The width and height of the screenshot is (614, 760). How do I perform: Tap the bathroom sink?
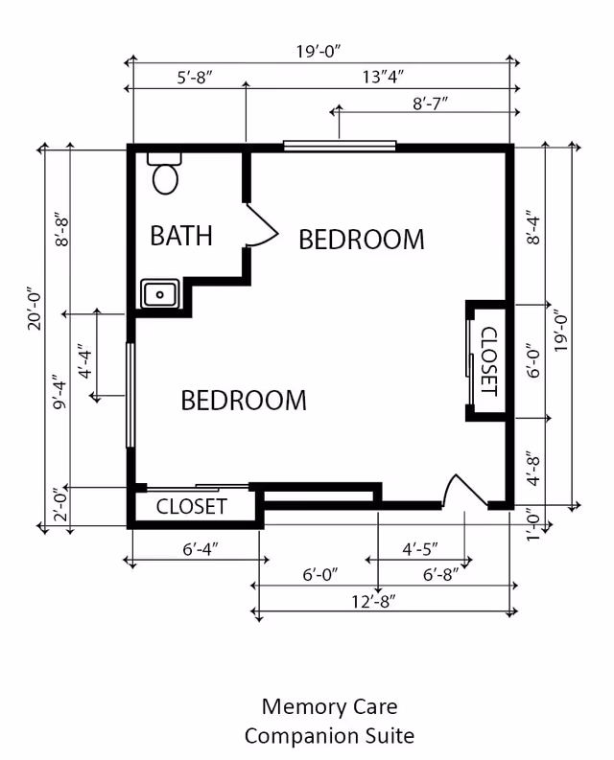coord(160,293)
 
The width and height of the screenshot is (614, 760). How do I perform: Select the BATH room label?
coord(181,236)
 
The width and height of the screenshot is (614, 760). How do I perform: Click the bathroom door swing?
coord(262,228)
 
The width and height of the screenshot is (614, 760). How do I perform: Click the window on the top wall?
coord(340,147)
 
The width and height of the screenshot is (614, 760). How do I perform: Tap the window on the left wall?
coord(130,395)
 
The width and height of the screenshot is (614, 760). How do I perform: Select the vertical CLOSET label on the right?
coord(487,361)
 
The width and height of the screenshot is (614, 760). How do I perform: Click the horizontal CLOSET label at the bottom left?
coord(192,506)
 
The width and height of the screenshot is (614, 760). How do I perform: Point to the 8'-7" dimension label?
coord(431,102)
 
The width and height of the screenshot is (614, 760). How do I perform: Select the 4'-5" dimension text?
coord(419,549)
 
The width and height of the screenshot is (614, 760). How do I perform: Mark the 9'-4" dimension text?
coord(60,393)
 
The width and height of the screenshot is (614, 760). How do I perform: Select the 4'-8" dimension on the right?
coord(534,468)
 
